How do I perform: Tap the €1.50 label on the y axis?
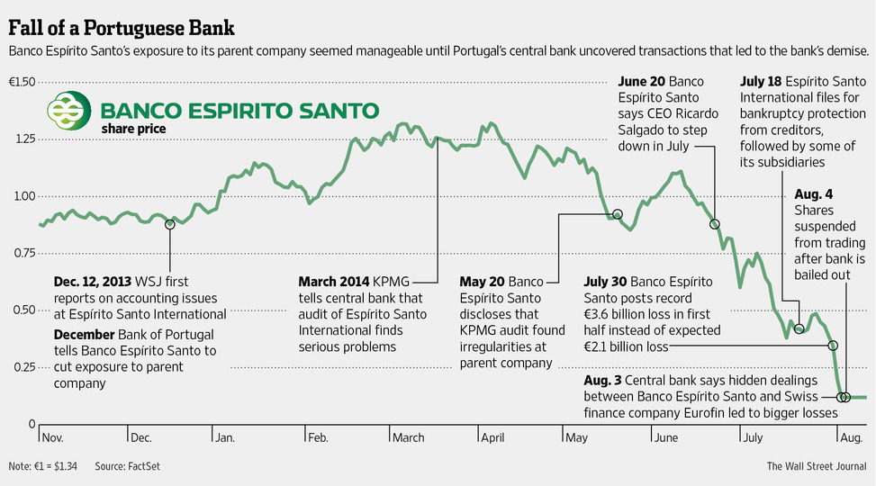(x=22, y=82)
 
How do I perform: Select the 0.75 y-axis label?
(x=23, y=253)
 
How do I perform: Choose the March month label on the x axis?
(x=409, y=438)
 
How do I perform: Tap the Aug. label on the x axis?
(x=852, y=438)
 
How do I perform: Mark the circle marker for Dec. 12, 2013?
(x=170, y=224)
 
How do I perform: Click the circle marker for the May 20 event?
(x=618, y=214)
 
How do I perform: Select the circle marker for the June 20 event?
(x=715, y=224)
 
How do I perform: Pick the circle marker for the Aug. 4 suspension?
(x=844, y=397)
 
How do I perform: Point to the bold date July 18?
(x=763, y=81)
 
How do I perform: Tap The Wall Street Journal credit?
(x=816, y=466)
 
